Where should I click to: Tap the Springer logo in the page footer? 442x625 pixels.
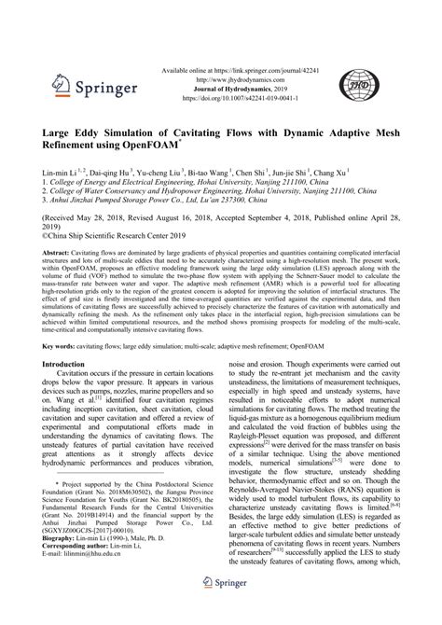coord(220,607)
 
